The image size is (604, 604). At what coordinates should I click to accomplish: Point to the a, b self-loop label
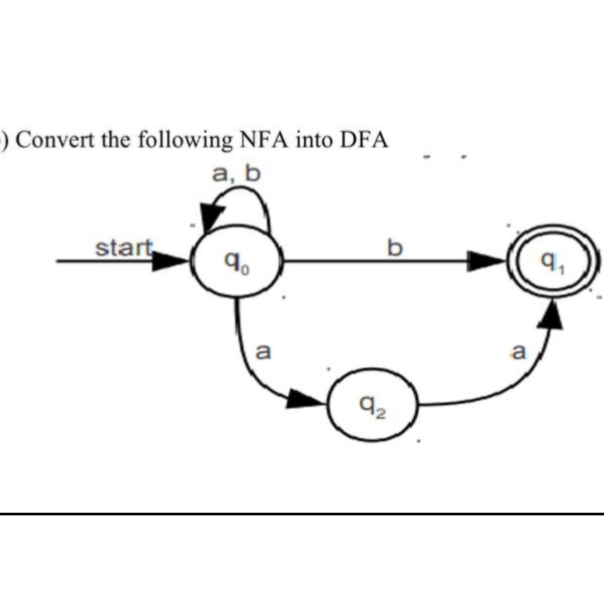coord(236,173)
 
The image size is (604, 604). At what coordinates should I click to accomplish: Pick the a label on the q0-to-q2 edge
coord(263,352)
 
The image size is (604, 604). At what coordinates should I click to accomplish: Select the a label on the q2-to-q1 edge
coord(518,352)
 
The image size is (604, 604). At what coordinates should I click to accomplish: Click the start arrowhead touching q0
coord(171,261)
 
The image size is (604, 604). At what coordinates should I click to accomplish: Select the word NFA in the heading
coord(261,141)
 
